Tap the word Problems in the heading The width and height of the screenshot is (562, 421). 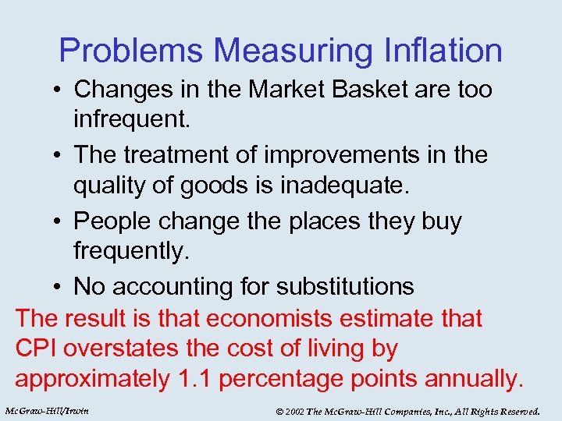pos(132,51)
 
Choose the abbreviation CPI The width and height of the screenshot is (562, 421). pos(36,348)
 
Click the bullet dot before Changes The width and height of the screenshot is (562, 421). pos(59,90)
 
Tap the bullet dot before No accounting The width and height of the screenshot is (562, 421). pos(59,287)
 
